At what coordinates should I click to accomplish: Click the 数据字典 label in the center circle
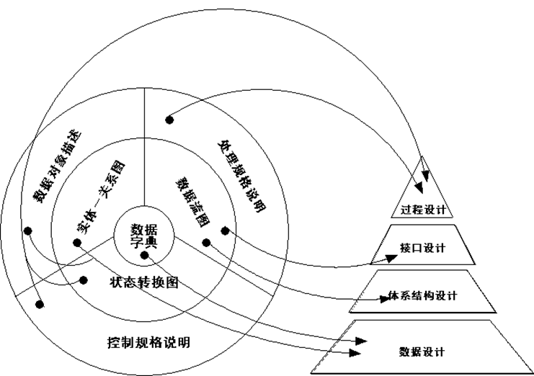[x=144, y=236]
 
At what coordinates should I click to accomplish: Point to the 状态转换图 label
[x=144, y=282]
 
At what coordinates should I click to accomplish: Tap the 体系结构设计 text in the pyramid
[x=422, y=295]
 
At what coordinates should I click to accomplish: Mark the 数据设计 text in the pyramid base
[x=422, y=352]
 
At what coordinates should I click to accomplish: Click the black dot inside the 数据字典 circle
[x=144, y=254]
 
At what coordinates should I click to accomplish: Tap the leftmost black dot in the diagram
[x=27, y=231]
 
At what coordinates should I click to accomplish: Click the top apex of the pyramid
[x=425, y=155]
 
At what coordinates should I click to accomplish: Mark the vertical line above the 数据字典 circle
[x=145, y=144]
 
